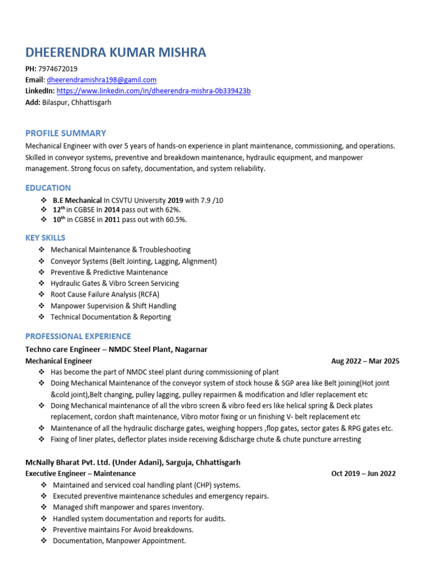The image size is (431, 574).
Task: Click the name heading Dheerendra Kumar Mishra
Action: tap(116, 53)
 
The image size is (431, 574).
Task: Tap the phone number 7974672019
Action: tap(58, 69)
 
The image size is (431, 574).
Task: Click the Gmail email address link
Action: tap(102, 80)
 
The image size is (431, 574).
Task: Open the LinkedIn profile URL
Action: tap(153, 91)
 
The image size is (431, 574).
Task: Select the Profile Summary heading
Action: tap(66, 133)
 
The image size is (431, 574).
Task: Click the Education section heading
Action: tap(48, 188)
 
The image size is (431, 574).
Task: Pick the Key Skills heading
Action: tap(45, 238)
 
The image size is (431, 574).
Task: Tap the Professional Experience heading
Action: tap(78, 336)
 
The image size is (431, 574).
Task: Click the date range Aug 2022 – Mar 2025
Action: tap(365, 361)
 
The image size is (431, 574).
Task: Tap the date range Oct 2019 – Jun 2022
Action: tap(363, 474)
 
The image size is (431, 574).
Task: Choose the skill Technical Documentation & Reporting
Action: tap(111, 317)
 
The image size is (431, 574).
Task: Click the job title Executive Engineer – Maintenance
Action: tap(80, 474)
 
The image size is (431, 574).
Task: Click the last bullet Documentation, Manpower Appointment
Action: tap(119, 541)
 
